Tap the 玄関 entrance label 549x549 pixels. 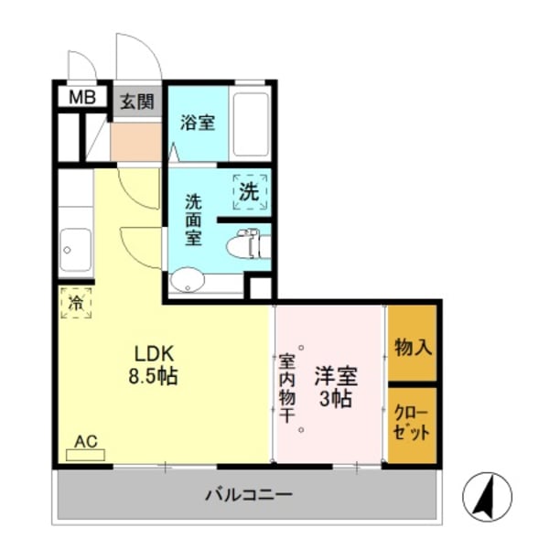tap(136, 101)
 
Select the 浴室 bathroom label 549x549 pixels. tap(198, 122)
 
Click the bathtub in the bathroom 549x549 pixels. tap(250, 124)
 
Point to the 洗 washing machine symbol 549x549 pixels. tap(250, 192)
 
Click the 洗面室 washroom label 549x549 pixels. tap(194, 220)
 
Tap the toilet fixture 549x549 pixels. tap(245, 244)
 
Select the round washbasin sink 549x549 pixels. tap(188, 279)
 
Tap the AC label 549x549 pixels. tap(85, 442)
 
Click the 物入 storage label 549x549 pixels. tap(413, 347)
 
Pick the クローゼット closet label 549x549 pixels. tap(412, 421)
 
